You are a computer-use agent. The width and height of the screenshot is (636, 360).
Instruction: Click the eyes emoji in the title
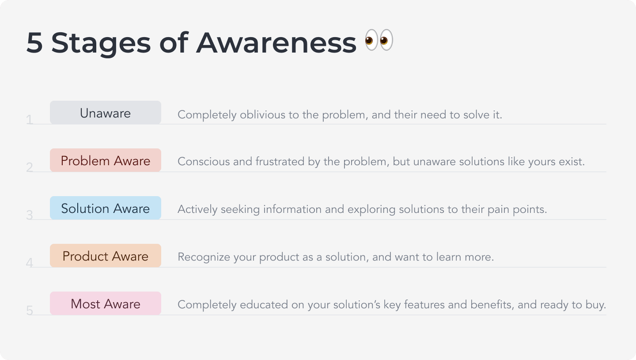pos(379,40)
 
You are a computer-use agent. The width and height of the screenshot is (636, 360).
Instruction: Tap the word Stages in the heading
pos(101,43)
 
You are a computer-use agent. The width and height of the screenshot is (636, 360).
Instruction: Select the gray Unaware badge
pos(106,113)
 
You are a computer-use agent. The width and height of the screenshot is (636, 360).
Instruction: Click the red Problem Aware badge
pos(106,160)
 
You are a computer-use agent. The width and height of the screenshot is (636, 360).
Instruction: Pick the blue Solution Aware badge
pos(106,208)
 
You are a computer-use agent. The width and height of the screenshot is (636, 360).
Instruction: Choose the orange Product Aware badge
pos(106,255)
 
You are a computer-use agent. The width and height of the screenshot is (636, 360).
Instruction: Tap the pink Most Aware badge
pos(106,303)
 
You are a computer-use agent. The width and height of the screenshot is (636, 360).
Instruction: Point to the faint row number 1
pos(30,120)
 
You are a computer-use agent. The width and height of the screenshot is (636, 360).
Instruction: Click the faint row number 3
pos(30,215)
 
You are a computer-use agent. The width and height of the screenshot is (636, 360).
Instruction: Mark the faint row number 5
pos(30,311)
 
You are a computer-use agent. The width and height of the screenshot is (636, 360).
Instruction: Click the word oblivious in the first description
pos(263,115)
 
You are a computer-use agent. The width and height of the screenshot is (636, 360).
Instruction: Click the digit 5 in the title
pos(34,42)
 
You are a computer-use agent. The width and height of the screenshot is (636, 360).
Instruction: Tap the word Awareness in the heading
pos(276,42)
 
